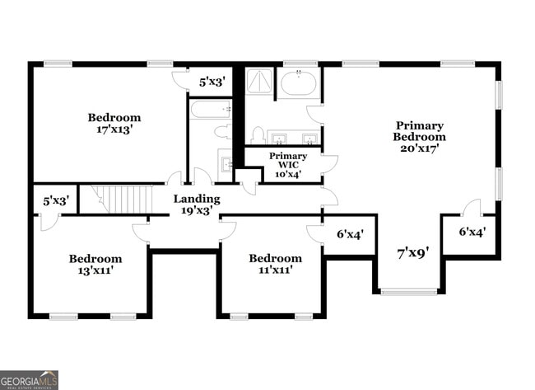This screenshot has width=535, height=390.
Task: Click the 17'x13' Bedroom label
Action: click(x=114, y=124)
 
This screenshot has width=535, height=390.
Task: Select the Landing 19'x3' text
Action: click(x=197, y=204)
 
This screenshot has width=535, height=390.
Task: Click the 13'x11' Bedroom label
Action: click(x=95, y=264)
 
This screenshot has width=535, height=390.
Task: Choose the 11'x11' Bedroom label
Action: click(x=275, y=264)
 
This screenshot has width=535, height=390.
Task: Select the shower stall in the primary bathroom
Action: click(x=260, y=82)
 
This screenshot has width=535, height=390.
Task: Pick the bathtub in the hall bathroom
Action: click(x=211, y=110)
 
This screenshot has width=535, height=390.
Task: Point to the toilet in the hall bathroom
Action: click(x=222, y=131)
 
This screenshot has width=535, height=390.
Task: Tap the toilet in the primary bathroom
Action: click(x=258, y=135)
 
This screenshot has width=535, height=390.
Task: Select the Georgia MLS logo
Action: click(x=30, y=379)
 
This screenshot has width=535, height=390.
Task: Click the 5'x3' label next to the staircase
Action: click(x=55, y=200)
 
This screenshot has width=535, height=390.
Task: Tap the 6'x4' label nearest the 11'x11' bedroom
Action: click(x=351, y=234)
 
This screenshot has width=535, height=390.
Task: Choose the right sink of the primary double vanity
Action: click(x=309, y=138)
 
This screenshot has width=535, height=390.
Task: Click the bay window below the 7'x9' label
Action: click(x=409, y=291)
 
